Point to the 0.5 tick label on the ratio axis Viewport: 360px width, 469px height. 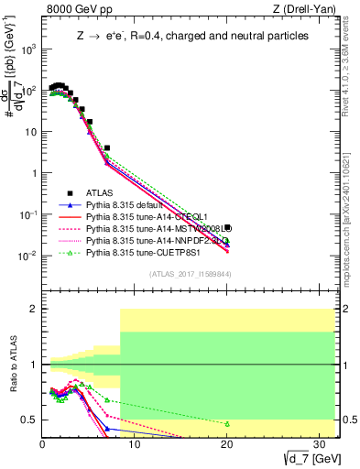pyautogui.click(x=29, y=420)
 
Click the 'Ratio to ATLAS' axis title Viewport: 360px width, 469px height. pyautogui.click(x=12, y=365)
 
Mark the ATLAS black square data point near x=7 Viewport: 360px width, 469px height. pyautogui.click(x=107, y=147)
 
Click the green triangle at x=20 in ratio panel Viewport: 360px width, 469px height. pyautogui.click(x=226, y=424)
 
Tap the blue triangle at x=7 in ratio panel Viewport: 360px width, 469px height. pyautogui.click(x=107, y=428)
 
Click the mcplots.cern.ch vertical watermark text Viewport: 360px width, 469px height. pyautogui.click(x=352, y=211)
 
